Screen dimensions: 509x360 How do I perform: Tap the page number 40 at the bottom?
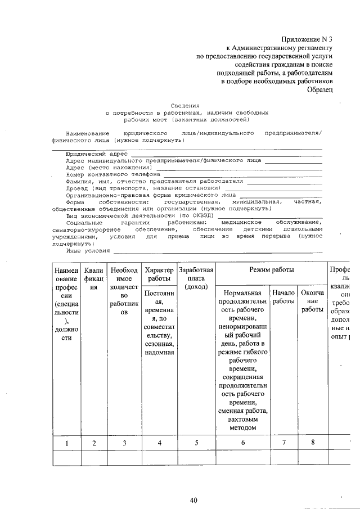(x=193, y=500)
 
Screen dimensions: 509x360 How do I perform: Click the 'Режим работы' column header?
(x=272, y=270)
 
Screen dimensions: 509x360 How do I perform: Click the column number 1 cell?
(x=66, y=443)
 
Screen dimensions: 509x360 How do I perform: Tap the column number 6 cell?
(x=243, y=443)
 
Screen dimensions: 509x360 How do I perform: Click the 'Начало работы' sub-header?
(x=283, y=298)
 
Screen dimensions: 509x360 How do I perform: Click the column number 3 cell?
(x=124, y=443)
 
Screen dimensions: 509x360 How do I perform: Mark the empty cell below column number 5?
(x=196, y=458)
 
